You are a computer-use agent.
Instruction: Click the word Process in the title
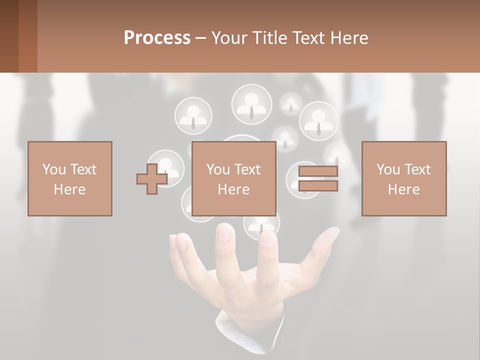[157, 38]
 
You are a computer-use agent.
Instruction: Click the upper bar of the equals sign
[318, 171]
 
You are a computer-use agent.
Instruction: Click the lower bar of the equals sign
[318, 186]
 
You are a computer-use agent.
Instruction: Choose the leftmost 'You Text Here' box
[69, 178]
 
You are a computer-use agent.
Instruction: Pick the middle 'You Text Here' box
[233, 178]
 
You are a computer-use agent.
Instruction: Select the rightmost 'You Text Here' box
[403, 178]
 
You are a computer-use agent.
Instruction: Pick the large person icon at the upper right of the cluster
[318, 121]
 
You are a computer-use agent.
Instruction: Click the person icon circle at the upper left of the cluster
[193, 115]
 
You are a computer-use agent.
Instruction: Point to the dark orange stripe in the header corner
[28, 36]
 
